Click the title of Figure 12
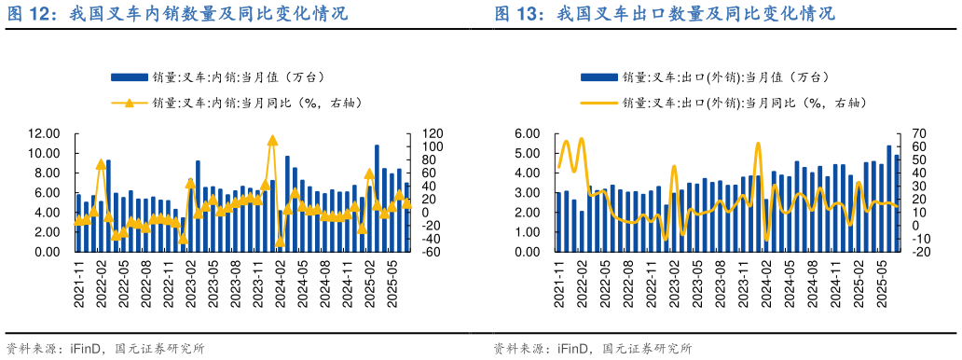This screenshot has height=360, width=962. point(177,14)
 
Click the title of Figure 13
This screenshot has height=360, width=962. point(664,14)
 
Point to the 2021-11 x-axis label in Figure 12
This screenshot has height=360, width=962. point(78,284)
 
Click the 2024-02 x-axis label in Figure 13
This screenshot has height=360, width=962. point(766,284)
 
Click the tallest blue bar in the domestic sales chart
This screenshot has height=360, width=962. point(377,198)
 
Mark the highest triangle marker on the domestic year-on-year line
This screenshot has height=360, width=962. point(272,141)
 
